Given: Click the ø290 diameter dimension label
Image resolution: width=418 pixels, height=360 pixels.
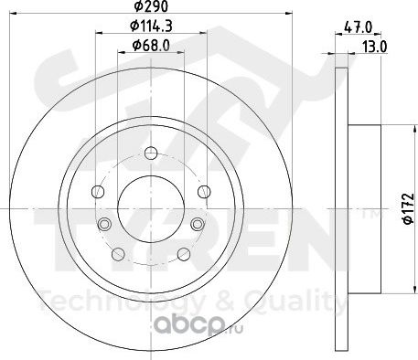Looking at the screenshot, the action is point(152,6).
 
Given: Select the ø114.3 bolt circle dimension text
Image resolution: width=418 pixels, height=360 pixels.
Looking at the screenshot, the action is point(151,26).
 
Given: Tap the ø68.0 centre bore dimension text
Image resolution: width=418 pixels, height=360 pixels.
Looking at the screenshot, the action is point(151,46).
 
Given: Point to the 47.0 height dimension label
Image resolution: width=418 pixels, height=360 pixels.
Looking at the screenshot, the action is point(358,27).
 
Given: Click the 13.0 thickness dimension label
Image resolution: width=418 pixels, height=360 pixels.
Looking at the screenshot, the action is point(375,47).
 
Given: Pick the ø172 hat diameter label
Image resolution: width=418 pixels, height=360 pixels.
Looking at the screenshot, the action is point(409,208).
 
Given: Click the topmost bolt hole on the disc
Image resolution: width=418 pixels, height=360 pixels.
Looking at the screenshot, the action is point(151,153).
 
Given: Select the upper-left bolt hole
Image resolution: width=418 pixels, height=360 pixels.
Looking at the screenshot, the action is point(98,192).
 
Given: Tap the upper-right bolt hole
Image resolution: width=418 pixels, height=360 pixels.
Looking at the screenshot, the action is point(204,192).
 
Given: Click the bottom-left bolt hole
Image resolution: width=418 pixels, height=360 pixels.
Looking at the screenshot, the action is point(118,254).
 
